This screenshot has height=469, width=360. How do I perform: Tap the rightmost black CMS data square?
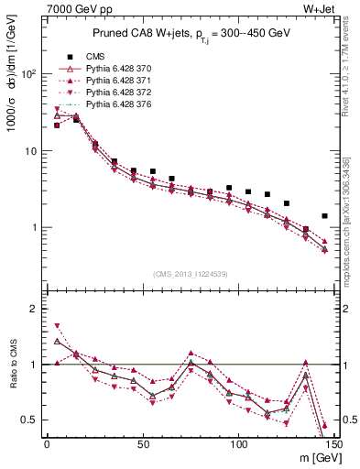324,216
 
